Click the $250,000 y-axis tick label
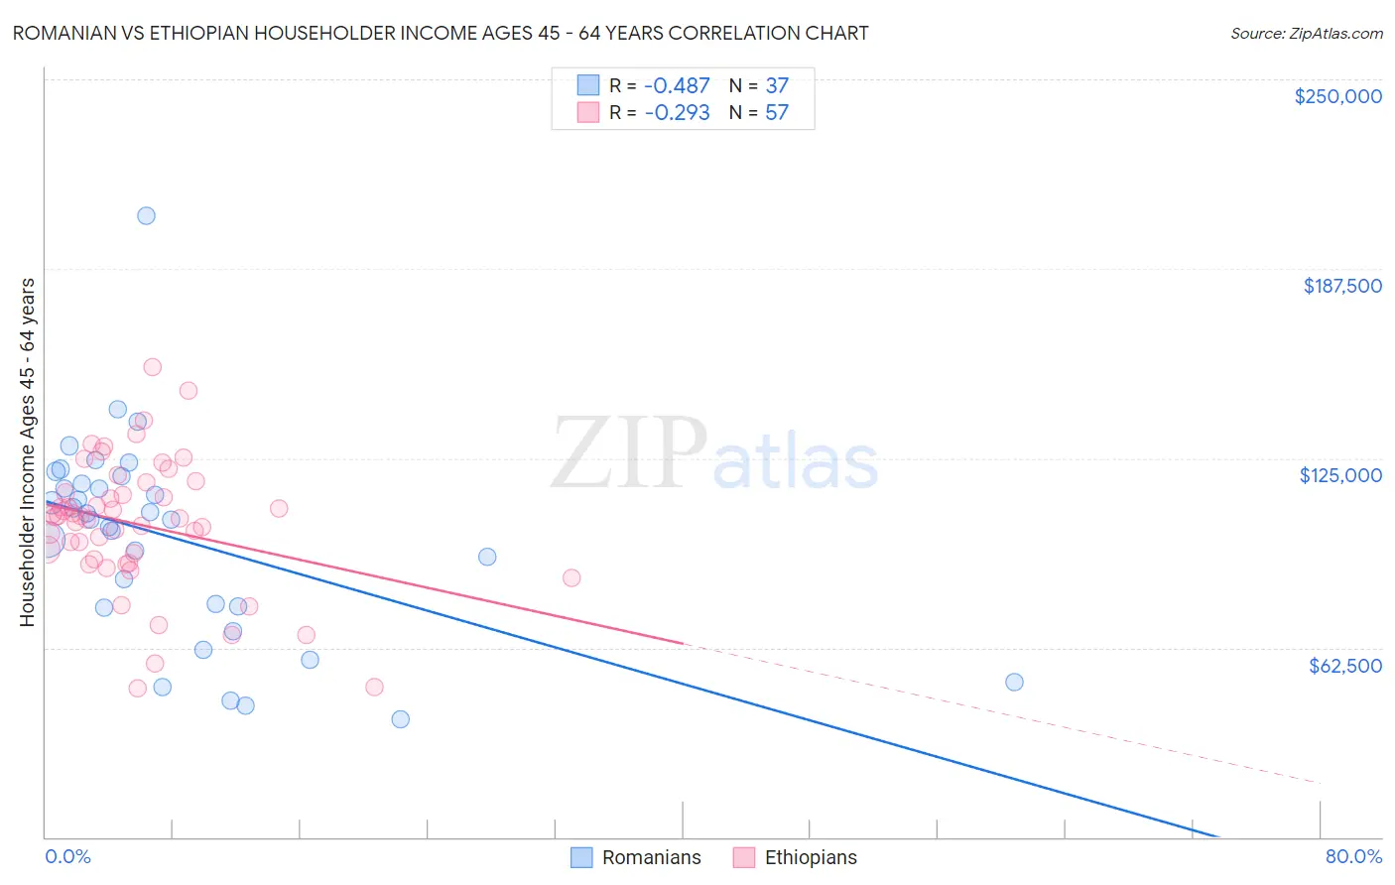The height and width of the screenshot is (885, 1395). (1337, 96)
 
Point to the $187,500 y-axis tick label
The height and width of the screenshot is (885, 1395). (1341, 286)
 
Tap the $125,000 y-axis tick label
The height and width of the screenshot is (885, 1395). (1340, 475)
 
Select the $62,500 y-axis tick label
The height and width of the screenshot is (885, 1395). (1344, 666)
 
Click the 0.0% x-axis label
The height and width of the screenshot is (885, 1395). (67, 856)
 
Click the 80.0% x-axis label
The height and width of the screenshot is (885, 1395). (1353, 856)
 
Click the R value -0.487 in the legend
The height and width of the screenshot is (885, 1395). (677, 86)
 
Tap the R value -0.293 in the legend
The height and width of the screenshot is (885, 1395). (677, 113)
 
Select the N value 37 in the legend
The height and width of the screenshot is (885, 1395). (776, 86)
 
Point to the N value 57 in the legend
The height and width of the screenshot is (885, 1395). (776, 113)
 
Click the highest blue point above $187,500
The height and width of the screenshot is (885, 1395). (146, 216)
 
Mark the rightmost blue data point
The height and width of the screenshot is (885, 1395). (1014, 682)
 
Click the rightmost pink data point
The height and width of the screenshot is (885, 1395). (571, 578)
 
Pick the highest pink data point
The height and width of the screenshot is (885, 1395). (153, 367)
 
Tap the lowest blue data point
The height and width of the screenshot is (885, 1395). (401, 719)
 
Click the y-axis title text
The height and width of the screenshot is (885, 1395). (28, 452)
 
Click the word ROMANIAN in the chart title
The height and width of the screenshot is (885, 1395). (59, 34)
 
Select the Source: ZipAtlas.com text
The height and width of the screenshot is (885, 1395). (1306, 34)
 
